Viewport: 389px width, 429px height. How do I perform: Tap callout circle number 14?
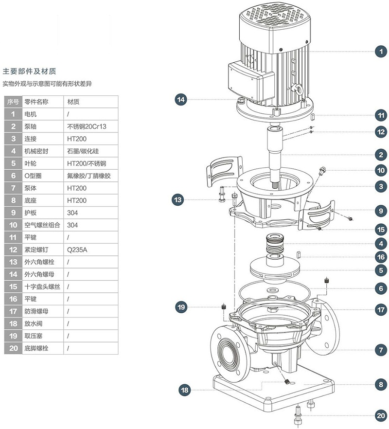[x=181, y=99]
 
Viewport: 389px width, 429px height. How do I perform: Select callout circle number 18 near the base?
[x=184, y=390]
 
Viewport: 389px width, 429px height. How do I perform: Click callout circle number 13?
[x=177, y=199]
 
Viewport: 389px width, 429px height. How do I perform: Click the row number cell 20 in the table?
[x=13, y=348]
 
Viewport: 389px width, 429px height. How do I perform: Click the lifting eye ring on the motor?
[x=295, y=89]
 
